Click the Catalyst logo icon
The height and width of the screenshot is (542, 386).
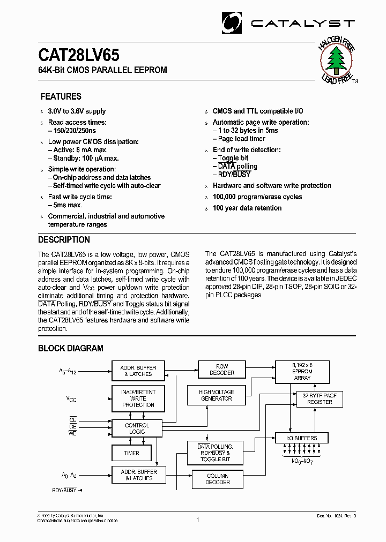(x=232, y=22)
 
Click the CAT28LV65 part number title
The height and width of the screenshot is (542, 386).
(x=79, y=56)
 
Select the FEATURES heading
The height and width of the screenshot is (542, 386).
(x=61, y=96)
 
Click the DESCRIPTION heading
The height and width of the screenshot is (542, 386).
(x=64, y=239)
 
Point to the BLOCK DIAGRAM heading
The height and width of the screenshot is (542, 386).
(x=70, y=348)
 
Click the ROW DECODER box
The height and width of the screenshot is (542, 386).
(x=222, y=370)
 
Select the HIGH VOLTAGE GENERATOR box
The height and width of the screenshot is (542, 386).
(x=216, y=395)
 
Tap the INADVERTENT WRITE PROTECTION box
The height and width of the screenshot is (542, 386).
(x=138, y=398)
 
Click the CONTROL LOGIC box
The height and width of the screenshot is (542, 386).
(x=137, y=428)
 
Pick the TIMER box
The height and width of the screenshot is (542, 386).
(x=132, y=453)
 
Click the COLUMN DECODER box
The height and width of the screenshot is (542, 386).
(x=218, y=479)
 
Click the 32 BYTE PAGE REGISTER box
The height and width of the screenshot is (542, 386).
(x=319, y=398)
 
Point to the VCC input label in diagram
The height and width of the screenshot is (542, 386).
(x=71, y=398)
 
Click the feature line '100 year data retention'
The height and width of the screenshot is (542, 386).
(x=247, y=208)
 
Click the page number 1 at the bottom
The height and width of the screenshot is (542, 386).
(x=198, y=520)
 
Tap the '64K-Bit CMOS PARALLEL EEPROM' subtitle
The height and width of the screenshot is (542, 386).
(x=102, y=70)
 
